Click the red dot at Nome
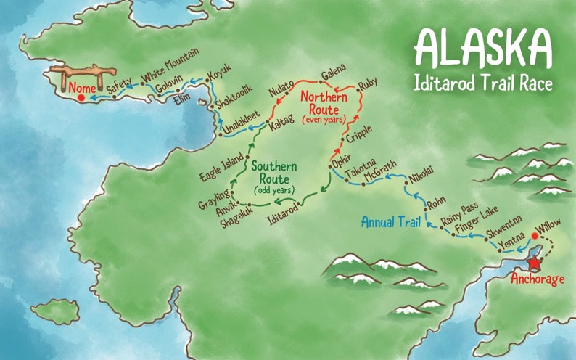point(81,97)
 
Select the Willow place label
point(546,232)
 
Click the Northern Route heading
point(324,99)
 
